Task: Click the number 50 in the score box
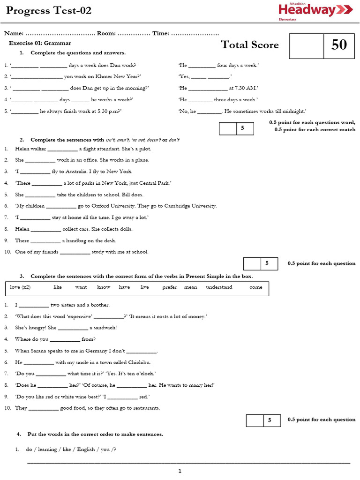[339, 45]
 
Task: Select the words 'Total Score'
[249, 45]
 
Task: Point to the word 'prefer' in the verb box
[170, 287]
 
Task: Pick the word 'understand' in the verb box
[219, 287]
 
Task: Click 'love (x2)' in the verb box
[20, 287]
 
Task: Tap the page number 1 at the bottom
[180, 471]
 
